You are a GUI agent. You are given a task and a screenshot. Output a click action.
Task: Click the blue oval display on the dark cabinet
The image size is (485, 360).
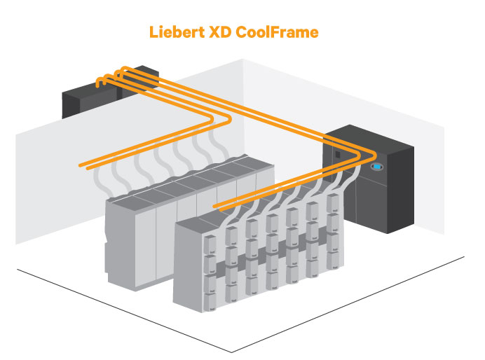point(377,167)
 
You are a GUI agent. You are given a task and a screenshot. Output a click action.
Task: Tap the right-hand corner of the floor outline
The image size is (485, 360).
point(463,256)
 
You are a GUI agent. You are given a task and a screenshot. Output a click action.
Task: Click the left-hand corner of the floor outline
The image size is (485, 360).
point(17,269)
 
